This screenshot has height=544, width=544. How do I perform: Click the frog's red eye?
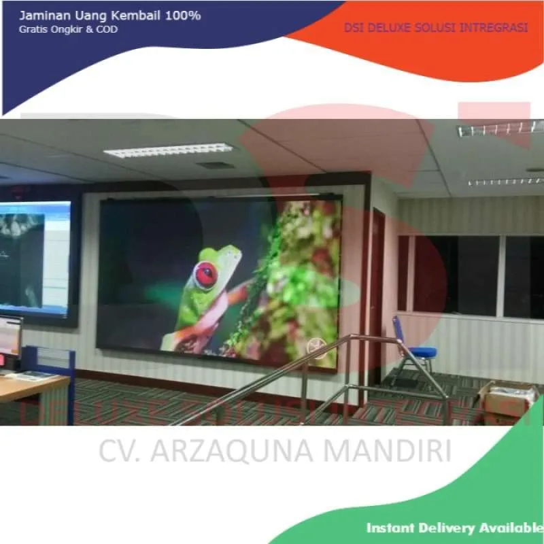pos(205,275)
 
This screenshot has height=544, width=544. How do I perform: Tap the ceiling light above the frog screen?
pos(168,150)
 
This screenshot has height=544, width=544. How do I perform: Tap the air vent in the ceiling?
pos(216,165)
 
